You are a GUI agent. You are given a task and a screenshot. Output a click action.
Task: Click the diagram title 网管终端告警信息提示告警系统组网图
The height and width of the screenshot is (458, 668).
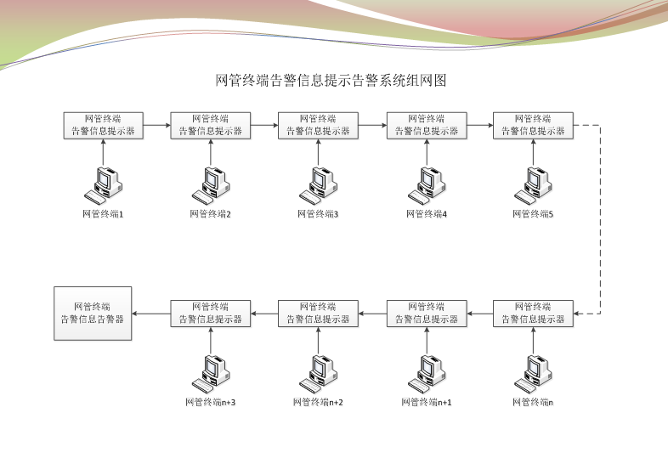pos(331,81)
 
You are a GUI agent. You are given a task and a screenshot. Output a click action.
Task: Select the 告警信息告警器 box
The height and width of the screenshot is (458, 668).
pos(93,313)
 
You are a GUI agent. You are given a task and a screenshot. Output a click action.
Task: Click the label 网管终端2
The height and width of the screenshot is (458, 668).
pos(211,214)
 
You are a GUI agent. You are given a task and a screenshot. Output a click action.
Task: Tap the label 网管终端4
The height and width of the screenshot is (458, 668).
pos(427,214)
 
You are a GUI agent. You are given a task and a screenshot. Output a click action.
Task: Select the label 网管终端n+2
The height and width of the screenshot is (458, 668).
pos(319,402)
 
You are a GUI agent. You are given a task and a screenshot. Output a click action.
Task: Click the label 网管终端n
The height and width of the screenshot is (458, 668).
pos(534,402)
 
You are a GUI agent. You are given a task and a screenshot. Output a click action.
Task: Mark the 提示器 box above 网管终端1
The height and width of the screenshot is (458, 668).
pos(104,125)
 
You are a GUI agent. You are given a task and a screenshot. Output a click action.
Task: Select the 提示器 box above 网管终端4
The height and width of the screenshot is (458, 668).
pos(427,125)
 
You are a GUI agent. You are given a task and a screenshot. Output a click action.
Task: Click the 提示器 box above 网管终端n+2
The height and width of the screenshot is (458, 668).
pos(319,313)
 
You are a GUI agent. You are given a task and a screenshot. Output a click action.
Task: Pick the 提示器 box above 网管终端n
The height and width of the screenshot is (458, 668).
pos(534,313)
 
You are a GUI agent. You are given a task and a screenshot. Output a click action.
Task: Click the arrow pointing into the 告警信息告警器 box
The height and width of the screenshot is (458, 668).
pos(151,313)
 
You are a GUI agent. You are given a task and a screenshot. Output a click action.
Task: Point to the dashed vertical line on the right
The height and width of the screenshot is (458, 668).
pos(601,219)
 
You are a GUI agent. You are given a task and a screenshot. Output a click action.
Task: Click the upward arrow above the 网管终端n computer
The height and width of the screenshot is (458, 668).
pos(534,340)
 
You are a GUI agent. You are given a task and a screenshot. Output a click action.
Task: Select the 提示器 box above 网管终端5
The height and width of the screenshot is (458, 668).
pos(534,125)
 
